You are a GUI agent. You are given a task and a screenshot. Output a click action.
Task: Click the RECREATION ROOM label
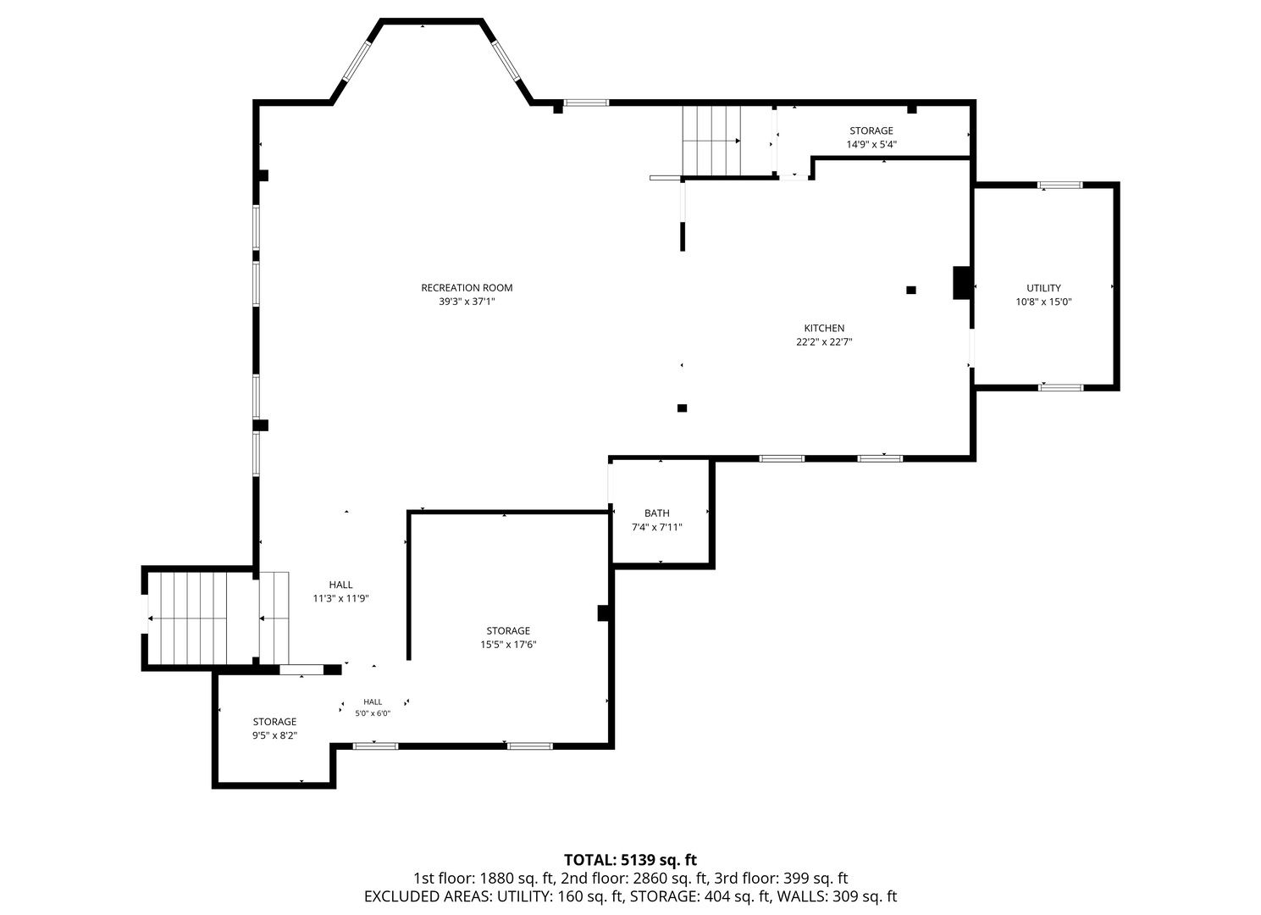pyautogui.click(x=467, y=288)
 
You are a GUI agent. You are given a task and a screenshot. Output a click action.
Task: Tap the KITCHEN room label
pyautogui.click(x=824, y=328)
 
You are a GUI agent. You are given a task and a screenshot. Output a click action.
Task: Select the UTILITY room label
pyautogui.click(x=1043, y=288)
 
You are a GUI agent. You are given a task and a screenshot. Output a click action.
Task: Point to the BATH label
pyautogui.click(x=657, y=513)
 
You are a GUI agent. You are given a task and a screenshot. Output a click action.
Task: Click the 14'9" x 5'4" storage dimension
pyautogui.click(x=871, y=144)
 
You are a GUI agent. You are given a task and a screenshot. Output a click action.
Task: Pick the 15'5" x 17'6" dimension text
pyautogui.click(x=508, y=644)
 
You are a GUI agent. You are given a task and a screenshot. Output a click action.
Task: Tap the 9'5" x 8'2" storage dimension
pyautogui.click(x=274, y=735)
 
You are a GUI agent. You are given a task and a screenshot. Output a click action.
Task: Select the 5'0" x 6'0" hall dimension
pyautogui.click(x=373, y=713)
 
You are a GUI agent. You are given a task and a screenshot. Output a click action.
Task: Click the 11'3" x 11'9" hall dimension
pyautogui.click(x=341, y=598)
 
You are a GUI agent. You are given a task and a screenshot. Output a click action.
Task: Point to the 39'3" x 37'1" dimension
pyautogui.click(x=467, y=302)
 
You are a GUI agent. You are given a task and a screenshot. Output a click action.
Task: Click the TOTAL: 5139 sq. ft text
pyautogui.click(x=630, y=860)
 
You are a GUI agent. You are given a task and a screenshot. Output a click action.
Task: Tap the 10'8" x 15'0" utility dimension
pyautogui.click(x=1043, y=302)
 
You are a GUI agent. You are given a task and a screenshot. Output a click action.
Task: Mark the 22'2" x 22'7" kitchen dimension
pyautogui.click(x=824, y=341)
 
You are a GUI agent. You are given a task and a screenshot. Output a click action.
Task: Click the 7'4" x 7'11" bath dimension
pyautogui.click(x=657, y=527)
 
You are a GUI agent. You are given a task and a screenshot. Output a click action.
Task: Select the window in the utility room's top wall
pyautogui.click(x=1060, y=185)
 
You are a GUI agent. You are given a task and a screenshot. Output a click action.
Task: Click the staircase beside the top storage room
pyautogui.click(x=711, y=141)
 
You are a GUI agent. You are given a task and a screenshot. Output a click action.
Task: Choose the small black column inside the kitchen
pyautogui.click(x=911, y=290)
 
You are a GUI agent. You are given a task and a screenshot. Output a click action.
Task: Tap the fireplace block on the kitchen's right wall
pyautogui.click(x=961, y=283)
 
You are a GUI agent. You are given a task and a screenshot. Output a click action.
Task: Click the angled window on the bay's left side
pyautogui.click(x=357, y=61)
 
